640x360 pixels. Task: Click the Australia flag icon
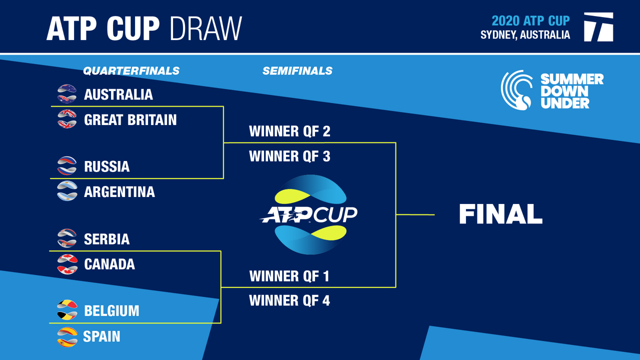click(x=67, y=93)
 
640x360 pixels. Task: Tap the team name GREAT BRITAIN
click(x=130, y=119)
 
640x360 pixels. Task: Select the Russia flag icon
click(x=67, y=165)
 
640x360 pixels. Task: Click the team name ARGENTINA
click(x=119, y=191)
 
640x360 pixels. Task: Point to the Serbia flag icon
click(x=67, y=238)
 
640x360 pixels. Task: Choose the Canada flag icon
click(x=67, y=264)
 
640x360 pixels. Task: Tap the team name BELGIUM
click(x=111, y=311)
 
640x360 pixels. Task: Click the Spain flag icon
click(x=67, y=337)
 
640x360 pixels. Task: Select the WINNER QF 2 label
click(x=289, y=131)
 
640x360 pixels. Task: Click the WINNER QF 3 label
click(x=289, y=156)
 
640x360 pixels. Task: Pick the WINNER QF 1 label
click(x=289, y=276)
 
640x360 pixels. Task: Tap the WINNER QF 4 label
click(x=289, y=300)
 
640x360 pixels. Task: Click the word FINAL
click(x=501, y=214)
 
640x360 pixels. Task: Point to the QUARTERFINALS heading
click(x=131, y=71)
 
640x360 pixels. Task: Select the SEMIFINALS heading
click(x=297, y=71)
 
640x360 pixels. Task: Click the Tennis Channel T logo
click(x=599, y=27)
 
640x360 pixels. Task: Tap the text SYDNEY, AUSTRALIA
click(x=525, y=35)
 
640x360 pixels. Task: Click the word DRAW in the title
click(x=206, y=28)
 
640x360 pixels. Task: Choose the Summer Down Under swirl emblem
click(x=516, y=90)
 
